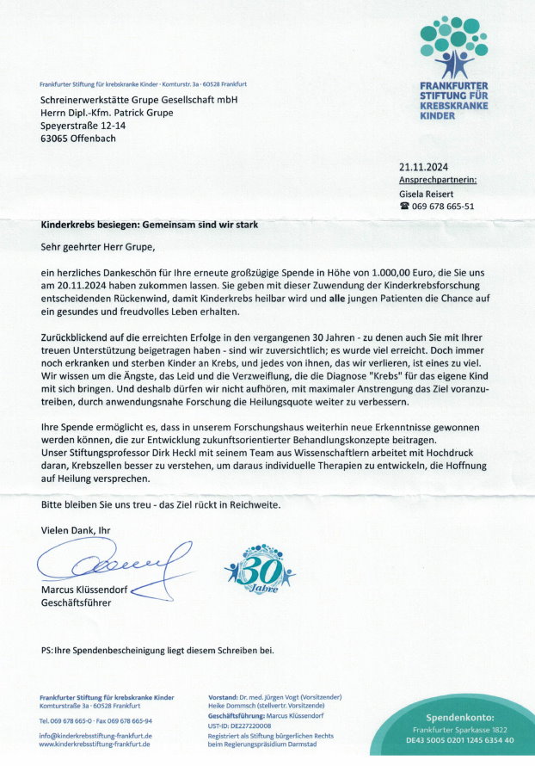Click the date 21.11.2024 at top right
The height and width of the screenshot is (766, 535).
coord(423,167)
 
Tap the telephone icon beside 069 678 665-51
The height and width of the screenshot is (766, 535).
coord(404,207)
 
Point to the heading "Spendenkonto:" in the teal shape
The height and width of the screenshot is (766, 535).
coord(460,717)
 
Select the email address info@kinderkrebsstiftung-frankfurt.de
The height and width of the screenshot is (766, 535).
coord(95,736)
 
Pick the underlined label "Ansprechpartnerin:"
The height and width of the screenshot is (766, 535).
coord(438,180)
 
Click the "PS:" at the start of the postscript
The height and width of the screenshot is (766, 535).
coord(47,650)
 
